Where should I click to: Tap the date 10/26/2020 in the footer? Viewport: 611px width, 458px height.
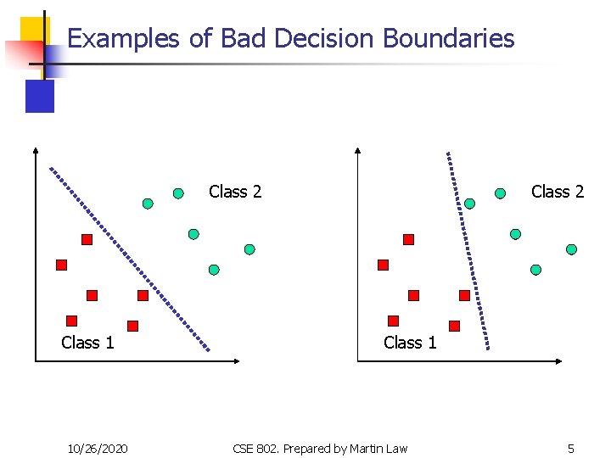[x=98, y=448]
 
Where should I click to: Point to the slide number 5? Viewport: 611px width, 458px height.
[x=571, y=448]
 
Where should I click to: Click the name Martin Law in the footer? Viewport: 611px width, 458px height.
[x=378, y=448]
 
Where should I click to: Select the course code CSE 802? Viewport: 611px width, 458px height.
[x=255, y=448]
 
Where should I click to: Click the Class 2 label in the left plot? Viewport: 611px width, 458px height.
[x=235, y=192]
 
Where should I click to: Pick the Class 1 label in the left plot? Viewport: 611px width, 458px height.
[x=87, y=342]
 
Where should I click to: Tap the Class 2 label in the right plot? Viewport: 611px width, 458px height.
[x=558, y=192]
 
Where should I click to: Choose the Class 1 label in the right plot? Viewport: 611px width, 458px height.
[x=410, y=342]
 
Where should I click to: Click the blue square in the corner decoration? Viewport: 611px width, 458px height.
[x=40, y=96]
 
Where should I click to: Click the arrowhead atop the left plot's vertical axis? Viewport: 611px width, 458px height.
[x=36, y=152]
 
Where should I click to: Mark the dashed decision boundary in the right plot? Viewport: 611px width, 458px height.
[x=468, y=250]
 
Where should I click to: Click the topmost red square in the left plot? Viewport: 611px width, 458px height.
[x=87, y=240]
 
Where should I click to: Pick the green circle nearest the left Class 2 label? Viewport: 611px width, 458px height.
[x=178, y=193]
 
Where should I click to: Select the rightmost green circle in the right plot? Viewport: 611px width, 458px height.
[x=571, y=249]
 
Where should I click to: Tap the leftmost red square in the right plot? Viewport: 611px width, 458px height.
[x=383, y=265]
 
